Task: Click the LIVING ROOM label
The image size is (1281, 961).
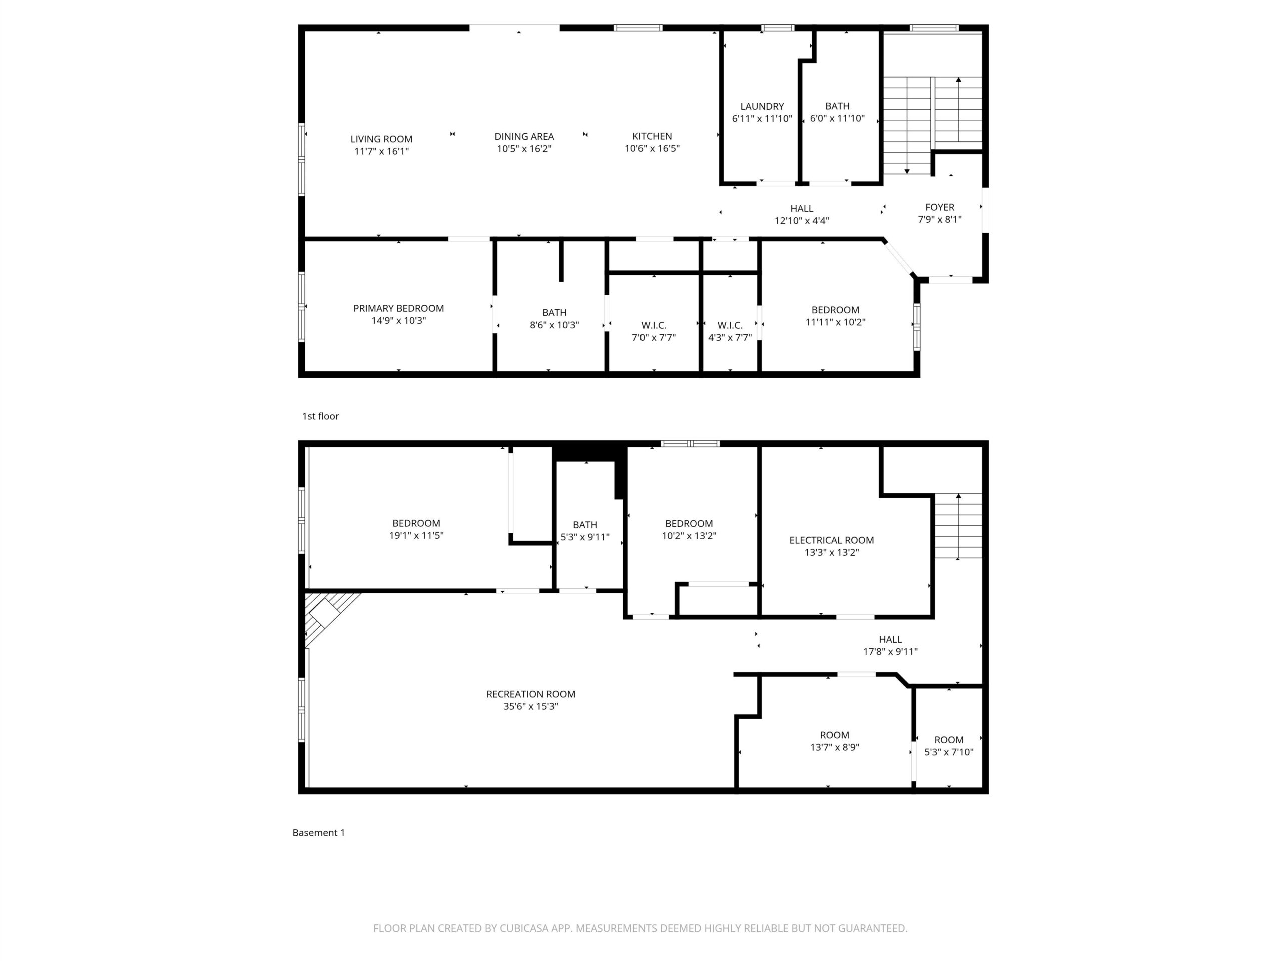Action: (381, 139)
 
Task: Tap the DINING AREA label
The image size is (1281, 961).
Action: (524, 136)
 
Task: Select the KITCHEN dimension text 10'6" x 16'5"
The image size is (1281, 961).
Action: (652, 148)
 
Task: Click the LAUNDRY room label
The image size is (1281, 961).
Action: (762, 106)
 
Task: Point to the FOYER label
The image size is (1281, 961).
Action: (939, 207)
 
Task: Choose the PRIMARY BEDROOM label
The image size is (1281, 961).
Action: (398, 308)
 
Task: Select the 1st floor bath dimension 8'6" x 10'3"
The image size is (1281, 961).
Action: (554, 325)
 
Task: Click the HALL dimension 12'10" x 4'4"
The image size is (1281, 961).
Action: (802, 221)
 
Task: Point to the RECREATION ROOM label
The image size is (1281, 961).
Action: (530, 694)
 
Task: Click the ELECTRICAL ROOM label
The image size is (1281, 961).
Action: (831, 540)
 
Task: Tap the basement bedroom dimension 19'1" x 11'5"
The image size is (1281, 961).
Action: (416, 535)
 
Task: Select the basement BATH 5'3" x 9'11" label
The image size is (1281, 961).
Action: (585, 531)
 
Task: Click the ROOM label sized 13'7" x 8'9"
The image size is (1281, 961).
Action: (834, 735)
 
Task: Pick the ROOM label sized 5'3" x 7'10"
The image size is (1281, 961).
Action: (949, 740)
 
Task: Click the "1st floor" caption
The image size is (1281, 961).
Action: (320, 416)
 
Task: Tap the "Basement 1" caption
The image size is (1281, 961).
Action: (319, 832)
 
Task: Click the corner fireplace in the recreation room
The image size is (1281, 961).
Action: (324, 612)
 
